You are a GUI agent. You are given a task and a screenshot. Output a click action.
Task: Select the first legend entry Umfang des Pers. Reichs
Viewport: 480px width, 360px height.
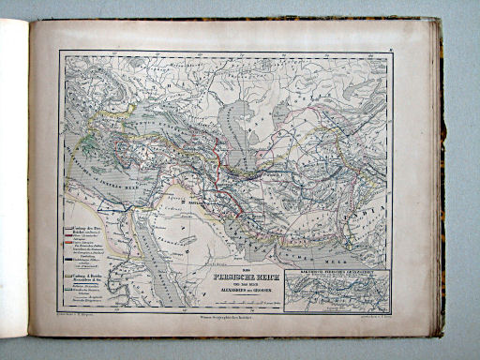(x=85, y=229)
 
